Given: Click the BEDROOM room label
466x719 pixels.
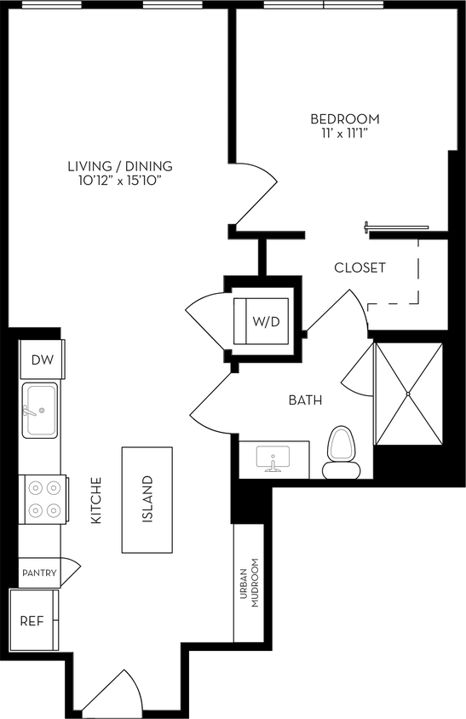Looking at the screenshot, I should pos(344,119).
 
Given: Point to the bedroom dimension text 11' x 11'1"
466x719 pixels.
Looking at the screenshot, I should pos(344,134).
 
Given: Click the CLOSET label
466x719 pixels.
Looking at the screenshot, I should pos(360,267).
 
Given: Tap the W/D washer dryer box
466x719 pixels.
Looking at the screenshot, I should pos(266,320).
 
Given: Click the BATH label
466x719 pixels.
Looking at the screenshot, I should pos(305,399).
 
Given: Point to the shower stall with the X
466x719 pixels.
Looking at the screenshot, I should pos(409,394).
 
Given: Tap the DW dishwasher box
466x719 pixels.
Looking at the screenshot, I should pos(42,360).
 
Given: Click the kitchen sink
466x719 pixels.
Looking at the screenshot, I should pos(39,411).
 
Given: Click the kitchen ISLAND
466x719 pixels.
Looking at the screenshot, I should pos(147,499).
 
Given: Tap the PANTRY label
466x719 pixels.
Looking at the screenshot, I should pos(39,572).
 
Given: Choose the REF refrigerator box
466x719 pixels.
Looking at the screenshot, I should pos(32,619).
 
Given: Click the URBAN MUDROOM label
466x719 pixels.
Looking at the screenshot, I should pos(248,584).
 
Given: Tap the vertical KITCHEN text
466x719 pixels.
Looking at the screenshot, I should pos(96,500).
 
